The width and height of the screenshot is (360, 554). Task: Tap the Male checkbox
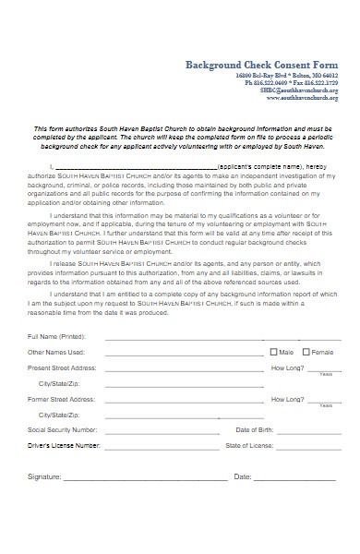click(x=273, y=352)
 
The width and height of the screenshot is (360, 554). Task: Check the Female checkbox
click(x=306, y=352)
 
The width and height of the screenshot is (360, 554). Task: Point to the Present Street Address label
click(x=62, y=367)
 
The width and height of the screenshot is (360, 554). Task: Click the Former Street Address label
click(x=61, y=399)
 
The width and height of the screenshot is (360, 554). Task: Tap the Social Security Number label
click(x=62, y=430)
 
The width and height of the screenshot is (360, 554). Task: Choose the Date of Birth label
click(x=256, y=430)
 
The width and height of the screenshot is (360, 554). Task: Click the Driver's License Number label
click(x=64, y=445)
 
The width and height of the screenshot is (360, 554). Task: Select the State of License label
click(x=249, y=445)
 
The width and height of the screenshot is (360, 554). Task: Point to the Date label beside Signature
click(x=243, y=477)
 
